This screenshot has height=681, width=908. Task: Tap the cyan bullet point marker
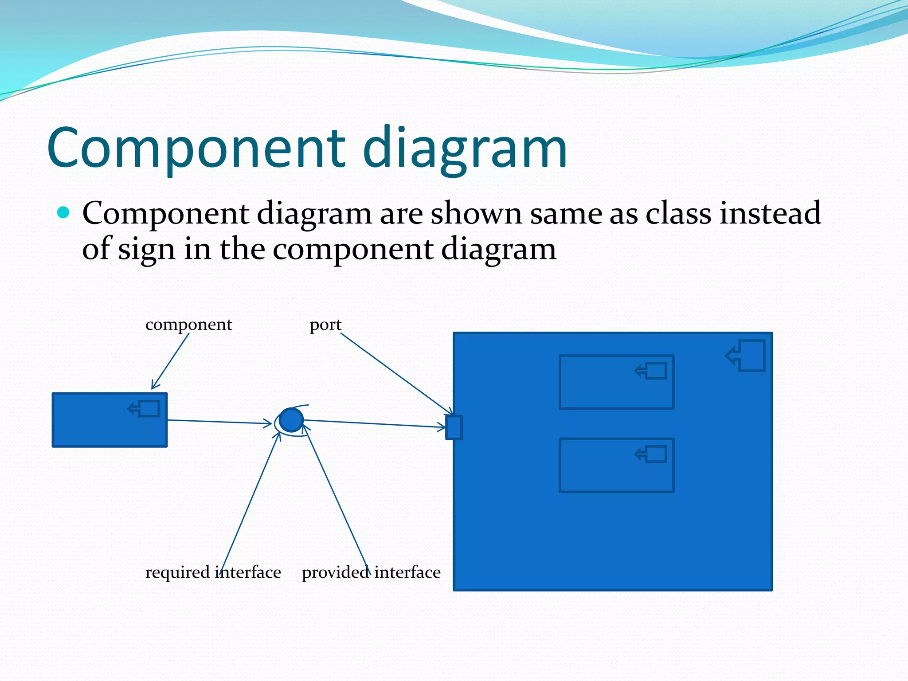tap(64, 213)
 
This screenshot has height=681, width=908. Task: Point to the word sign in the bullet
tap(146, 250)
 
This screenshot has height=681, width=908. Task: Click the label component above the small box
tap(188, 325)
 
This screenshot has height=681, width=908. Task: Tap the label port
tap(325, 325)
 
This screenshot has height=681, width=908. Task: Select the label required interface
tap(213, 572)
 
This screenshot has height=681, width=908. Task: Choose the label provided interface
tap(371, 572)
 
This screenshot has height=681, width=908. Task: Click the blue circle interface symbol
tap(291, 420)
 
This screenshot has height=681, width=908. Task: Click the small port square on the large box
tap(454, 427)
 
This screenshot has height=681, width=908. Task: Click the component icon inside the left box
tap(145, 408)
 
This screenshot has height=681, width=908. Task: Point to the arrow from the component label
tap(171, 361)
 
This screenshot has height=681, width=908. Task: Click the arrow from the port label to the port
tap(395, 372)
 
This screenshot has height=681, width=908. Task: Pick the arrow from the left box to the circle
tap(219, 422)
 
